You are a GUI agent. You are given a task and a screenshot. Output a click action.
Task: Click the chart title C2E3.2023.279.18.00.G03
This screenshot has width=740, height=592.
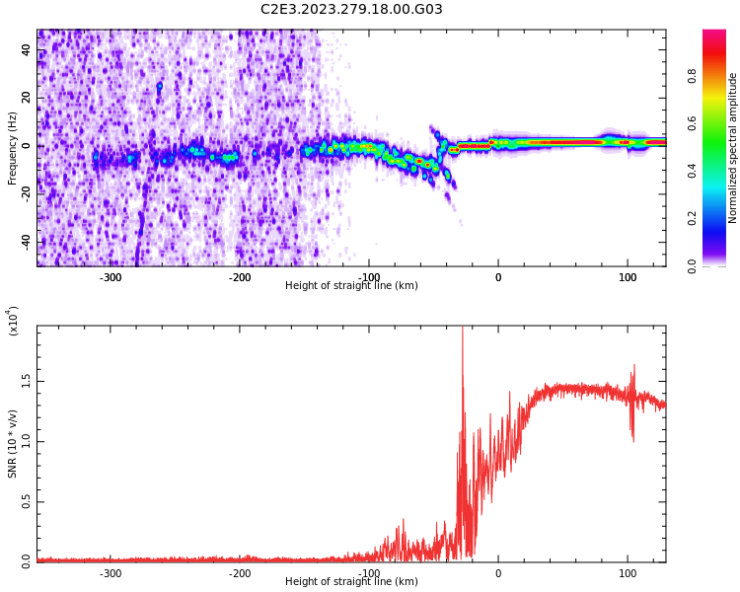[x=351, y=10]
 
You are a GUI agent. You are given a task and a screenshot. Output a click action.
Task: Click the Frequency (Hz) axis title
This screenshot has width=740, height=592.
[x=13, y=147]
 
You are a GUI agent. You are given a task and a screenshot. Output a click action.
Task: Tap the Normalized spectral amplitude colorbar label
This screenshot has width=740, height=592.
[x=733, y=147]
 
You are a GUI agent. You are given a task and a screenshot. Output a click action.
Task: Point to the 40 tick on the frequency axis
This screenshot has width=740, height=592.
[x=27, y=49]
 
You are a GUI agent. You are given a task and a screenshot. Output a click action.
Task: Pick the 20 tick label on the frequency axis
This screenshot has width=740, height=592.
[x=27, y=98]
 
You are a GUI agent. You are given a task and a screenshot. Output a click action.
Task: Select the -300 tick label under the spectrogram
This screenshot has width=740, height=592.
[x=111, y=277]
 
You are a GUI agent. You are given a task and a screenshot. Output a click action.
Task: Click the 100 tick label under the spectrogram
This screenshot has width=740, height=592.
[x=628, y=277]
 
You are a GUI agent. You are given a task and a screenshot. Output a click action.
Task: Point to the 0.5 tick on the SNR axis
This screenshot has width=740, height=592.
[x=27, y=501]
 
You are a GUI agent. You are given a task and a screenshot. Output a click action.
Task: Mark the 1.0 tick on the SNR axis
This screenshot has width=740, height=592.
[x=27, y=441]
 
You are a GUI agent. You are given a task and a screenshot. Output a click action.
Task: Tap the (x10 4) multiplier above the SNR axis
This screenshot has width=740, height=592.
[x=14, y=321]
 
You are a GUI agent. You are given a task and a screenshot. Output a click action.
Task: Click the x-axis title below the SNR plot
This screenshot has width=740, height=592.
[x=351, y=582]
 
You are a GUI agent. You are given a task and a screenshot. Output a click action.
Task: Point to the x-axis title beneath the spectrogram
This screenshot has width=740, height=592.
[x=351, y=286]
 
